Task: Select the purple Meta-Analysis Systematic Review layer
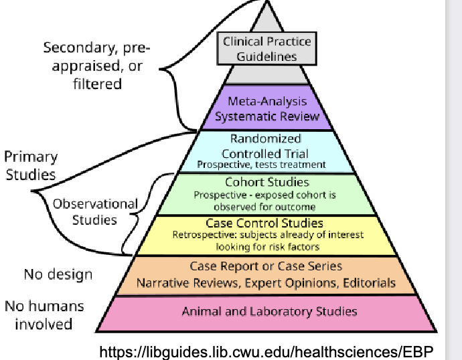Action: [266, 108]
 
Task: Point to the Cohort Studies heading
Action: [266, 182]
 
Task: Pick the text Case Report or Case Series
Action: [266, 266]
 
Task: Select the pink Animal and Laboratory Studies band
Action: [269, 311]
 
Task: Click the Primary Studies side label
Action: [31, 166]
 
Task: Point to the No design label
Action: [58, 274]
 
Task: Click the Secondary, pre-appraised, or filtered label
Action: [97, 66]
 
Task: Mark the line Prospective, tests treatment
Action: [262, 164]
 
